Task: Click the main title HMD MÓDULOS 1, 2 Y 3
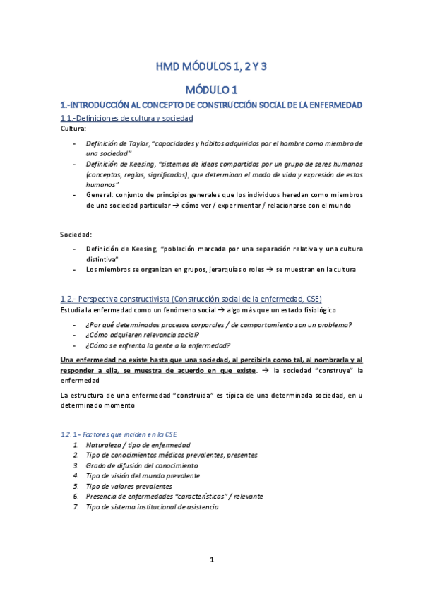pyautogui.click(x=211, y=68)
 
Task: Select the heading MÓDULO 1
pyautogui.click(x=211, y=90)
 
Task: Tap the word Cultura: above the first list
pyautogui.click(x=74, y=130)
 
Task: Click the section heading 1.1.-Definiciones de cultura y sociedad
pyautogui.click(x=127, y=118)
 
